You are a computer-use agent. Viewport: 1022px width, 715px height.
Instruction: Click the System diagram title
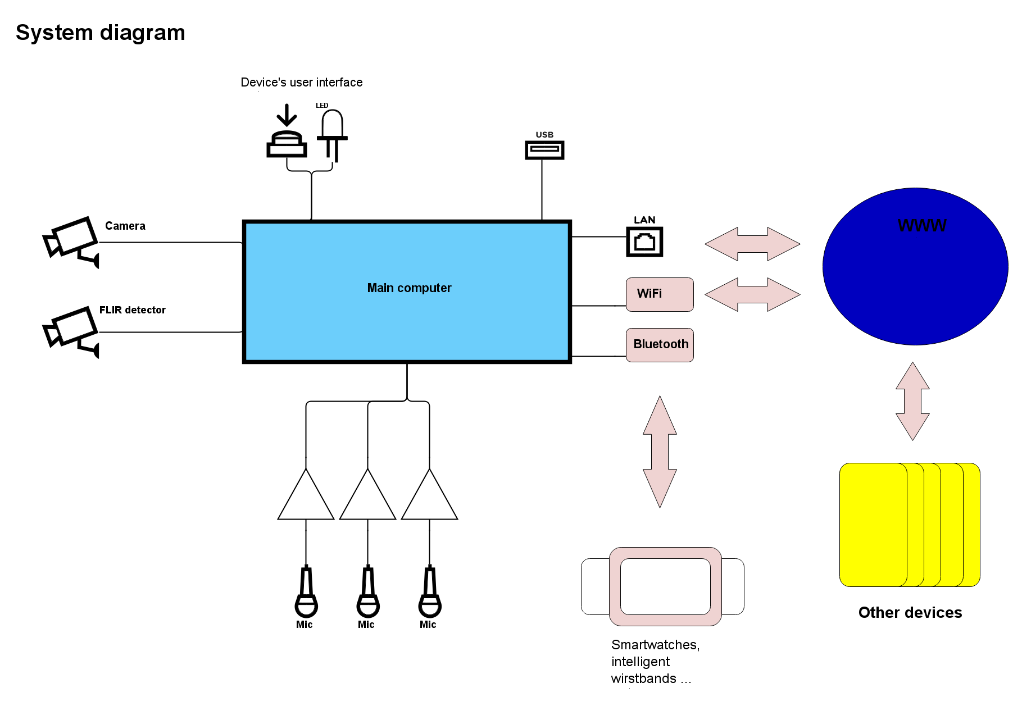[101, 33]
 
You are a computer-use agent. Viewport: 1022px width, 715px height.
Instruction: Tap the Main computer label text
[409, 288]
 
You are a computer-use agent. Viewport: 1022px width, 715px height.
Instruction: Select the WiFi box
[660, 294]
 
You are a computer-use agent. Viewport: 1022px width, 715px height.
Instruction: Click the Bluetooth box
[660, 345]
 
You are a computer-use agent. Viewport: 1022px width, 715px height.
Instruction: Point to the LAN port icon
[644, 242]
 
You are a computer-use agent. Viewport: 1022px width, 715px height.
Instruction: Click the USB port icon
[544, 150]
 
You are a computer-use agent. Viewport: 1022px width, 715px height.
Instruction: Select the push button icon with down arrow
[287, 131]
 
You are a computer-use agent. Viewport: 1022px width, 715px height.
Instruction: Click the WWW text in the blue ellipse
[922, 226]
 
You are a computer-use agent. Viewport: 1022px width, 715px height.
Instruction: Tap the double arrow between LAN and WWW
[752, 244]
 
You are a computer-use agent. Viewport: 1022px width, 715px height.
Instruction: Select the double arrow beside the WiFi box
[752, 294]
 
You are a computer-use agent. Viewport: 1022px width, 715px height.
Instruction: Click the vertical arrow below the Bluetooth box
[660, 452]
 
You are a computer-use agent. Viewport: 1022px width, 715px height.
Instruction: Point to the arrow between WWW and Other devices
[912, 401]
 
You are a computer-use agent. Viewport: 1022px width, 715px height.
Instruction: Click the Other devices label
[910, 613]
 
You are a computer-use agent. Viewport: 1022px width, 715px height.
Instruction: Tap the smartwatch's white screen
[665, 586]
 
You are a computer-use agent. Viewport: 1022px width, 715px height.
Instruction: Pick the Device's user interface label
[302, 83]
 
